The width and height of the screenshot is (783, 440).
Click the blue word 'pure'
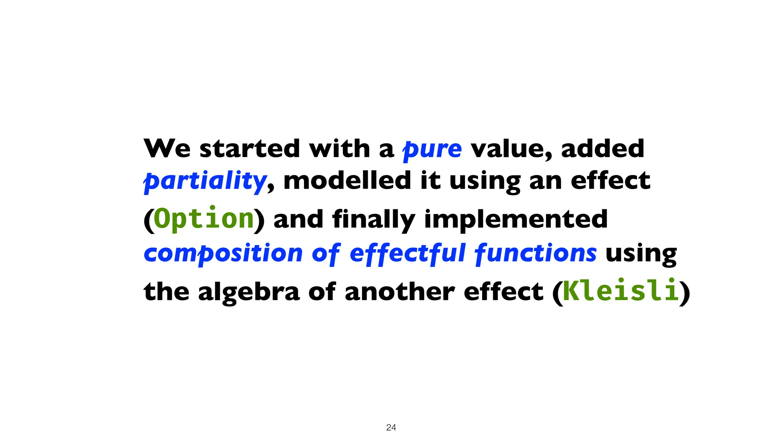tap(432, 149)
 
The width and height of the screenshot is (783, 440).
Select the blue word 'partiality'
tap(205, 181)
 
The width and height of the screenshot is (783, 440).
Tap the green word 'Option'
tap(204, 219)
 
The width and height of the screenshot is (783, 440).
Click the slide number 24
tap(391, 427)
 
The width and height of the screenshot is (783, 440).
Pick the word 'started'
tap(250, 149)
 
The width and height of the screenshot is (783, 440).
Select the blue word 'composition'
tap(223, 254)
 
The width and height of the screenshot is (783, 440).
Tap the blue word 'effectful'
tap(408, 254)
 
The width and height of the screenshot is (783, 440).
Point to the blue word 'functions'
tap(535, 254)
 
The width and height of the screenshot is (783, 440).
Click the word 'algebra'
tap(249, 292)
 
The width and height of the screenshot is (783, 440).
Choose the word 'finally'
tap(374, 220)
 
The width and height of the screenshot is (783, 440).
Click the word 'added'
tap(603, 149)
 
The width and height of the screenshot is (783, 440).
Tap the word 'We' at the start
tap(167, 149)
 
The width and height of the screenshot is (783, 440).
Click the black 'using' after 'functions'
tap(641, 254)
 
